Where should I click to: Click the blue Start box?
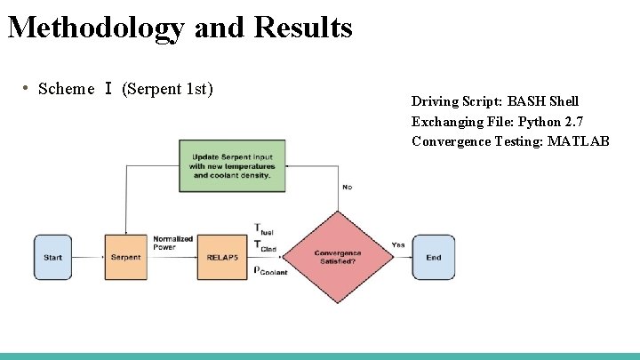[x=52, y=257]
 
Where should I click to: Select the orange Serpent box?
[x=125, y=257]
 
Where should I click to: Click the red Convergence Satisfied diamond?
[x=338, y=256]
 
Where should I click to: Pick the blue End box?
[x=433, y=257]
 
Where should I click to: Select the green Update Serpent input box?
[x=232, y=165]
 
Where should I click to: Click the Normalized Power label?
[x=172, y=243]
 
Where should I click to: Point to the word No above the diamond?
[x=347, y=188]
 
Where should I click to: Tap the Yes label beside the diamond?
[x=397, y=244]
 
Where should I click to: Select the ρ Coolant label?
[x=270, y=270]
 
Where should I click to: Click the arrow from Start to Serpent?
[x=88, y=257]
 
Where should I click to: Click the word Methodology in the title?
[x=95, y=28]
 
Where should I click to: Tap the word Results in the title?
[x=303, y=28]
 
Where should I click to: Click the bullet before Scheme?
[x=27, y=88]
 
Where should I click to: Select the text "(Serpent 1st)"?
[x=167, y=89]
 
